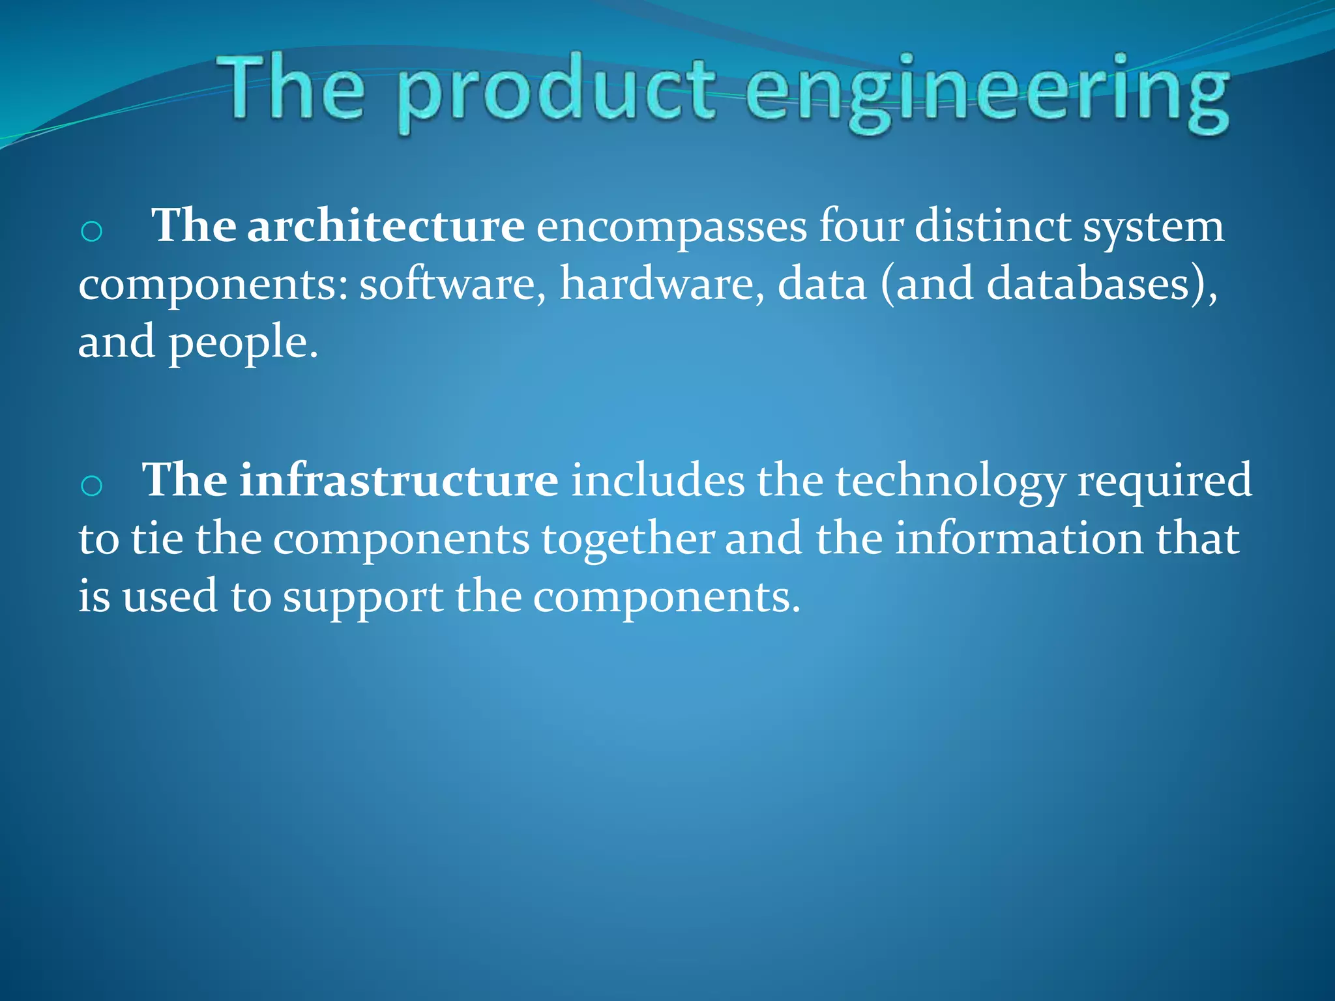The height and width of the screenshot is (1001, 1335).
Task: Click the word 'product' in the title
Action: [x=555, y=91]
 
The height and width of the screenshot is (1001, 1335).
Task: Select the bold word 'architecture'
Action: [x=385, y=226]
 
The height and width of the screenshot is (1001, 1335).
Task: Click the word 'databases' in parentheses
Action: [x=1089, y=285]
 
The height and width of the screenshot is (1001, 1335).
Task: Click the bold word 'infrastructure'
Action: [x=398, y=480]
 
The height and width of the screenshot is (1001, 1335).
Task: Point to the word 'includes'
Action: [x=658, y=480]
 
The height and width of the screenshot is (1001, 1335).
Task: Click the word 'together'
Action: [x=628, y=540]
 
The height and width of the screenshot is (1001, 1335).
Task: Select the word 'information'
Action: [x=1019, y=539]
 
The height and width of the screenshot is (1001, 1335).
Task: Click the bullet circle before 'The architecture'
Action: [x=91, y=231]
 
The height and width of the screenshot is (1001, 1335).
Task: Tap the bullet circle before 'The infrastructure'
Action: [x=91, y=485]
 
